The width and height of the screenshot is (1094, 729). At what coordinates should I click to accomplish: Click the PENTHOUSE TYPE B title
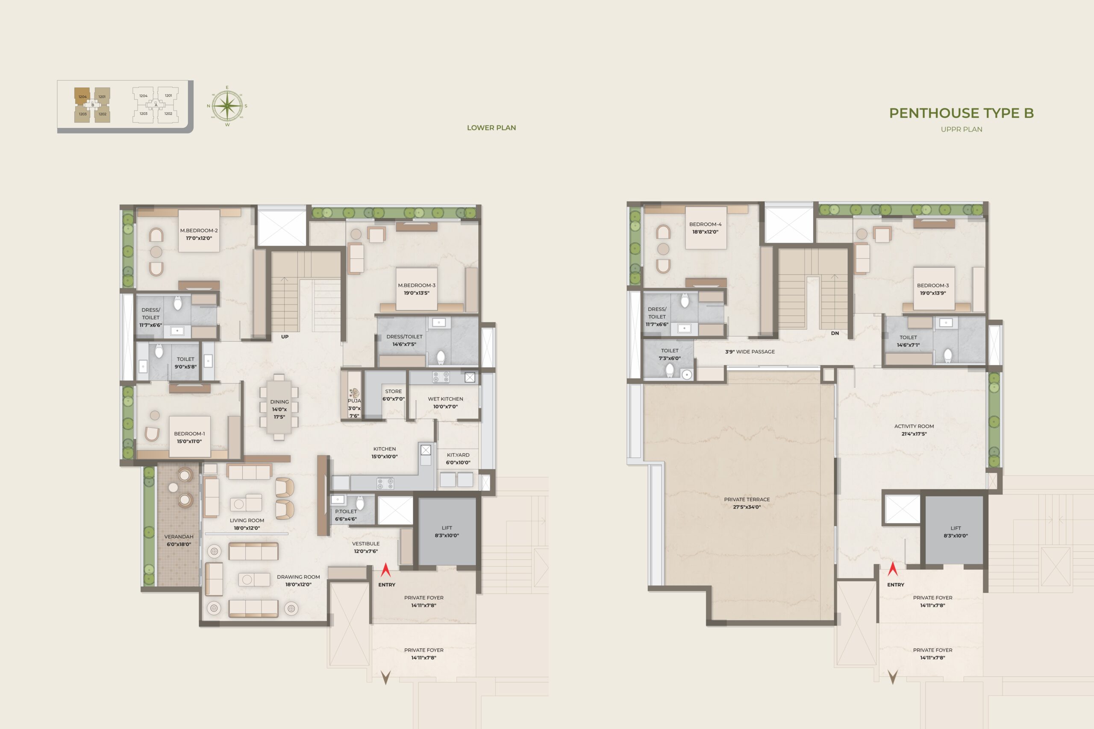[961, 113]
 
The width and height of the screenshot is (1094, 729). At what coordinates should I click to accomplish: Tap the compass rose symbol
[227, 106]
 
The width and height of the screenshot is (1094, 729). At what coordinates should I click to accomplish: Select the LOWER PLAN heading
[491, 127]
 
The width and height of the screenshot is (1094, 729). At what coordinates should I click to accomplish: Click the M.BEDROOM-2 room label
[199, 230]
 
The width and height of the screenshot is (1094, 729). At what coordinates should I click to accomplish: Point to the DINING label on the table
[279, 402]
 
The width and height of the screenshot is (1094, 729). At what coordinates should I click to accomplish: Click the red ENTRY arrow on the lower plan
[385, 570]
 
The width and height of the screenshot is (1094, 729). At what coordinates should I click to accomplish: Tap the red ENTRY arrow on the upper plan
[892, 569]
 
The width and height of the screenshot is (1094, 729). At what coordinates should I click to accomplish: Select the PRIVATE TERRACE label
[747, 499]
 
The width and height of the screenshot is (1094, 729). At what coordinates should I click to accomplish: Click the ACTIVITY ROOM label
[914, 426]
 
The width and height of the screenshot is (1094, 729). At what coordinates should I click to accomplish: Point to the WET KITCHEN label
[445, 399]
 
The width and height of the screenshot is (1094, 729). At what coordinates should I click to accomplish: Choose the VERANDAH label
[179, 536]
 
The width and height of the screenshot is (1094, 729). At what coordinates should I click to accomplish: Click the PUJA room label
[354, 400]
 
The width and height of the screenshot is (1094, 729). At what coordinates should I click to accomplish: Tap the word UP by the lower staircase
[285, 337]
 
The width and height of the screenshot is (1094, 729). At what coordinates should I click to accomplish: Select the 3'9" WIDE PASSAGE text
[750, 351]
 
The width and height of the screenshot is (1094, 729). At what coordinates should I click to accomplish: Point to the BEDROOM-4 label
[705, 224]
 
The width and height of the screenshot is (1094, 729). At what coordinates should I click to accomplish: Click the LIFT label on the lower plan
[447, 528]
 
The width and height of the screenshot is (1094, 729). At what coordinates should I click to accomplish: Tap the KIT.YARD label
[458, 455]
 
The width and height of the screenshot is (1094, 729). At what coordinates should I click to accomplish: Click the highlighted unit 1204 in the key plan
[82, 96]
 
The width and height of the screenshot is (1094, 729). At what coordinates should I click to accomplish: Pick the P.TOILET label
[346, 512]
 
